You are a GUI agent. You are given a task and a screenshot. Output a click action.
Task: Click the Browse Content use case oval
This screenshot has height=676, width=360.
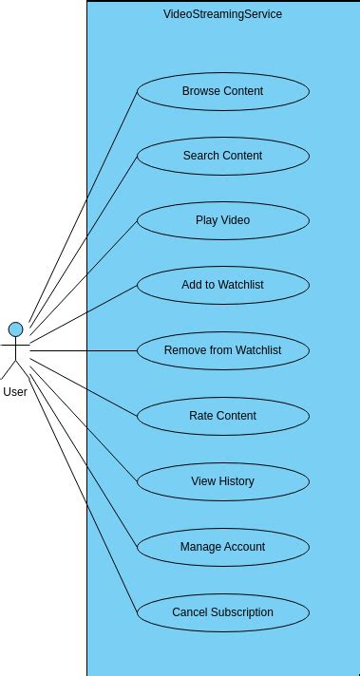pos(222,91)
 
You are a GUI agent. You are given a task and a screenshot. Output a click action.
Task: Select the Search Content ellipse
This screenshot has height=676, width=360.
pos(222,156)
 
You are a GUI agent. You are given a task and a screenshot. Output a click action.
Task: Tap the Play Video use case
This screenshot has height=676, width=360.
pos(222,220)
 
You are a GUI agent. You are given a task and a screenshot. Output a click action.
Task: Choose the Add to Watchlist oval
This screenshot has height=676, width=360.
pos(222,285)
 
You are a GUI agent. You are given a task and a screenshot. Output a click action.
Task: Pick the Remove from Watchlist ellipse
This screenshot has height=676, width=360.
pos(222,350)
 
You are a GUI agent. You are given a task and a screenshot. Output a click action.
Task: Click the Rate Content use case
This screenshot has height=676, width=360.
pos(222,416)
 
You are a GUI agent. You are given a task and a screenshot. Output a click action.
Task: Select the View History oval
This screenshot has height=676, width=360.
pos(222,481)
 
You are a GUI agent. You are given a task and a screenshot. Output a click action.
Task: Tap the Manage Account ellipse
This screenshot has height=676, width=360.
pos(222,547)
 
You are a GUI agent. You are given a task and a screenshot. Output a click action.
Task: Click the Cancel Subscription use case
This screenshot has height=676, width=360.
pos(222,612)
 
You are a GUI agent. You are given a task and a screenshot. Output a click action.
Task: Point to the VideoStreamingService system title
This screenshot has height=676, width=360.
pos(222,14)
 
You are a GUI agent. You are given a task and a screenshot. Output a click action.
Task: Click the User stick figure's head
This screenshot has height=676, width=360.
pos(15,329)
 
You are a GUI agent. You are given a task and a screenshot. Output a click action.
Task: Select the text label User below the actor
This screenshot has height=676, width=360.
pos(15,391)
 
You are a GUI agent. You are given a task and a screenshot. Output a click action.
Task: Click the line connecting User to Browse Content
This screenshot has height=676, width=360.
pos(83,208)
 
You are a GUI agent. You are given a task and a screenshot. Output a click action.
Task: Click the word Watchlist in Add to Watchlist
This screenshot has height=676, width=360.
pos(241,285)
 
